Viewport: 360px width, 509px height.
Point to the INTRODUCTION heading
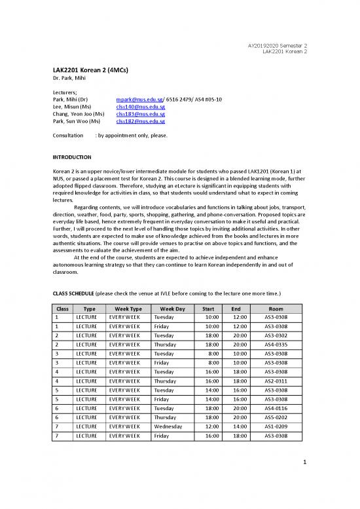(72, 158)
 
